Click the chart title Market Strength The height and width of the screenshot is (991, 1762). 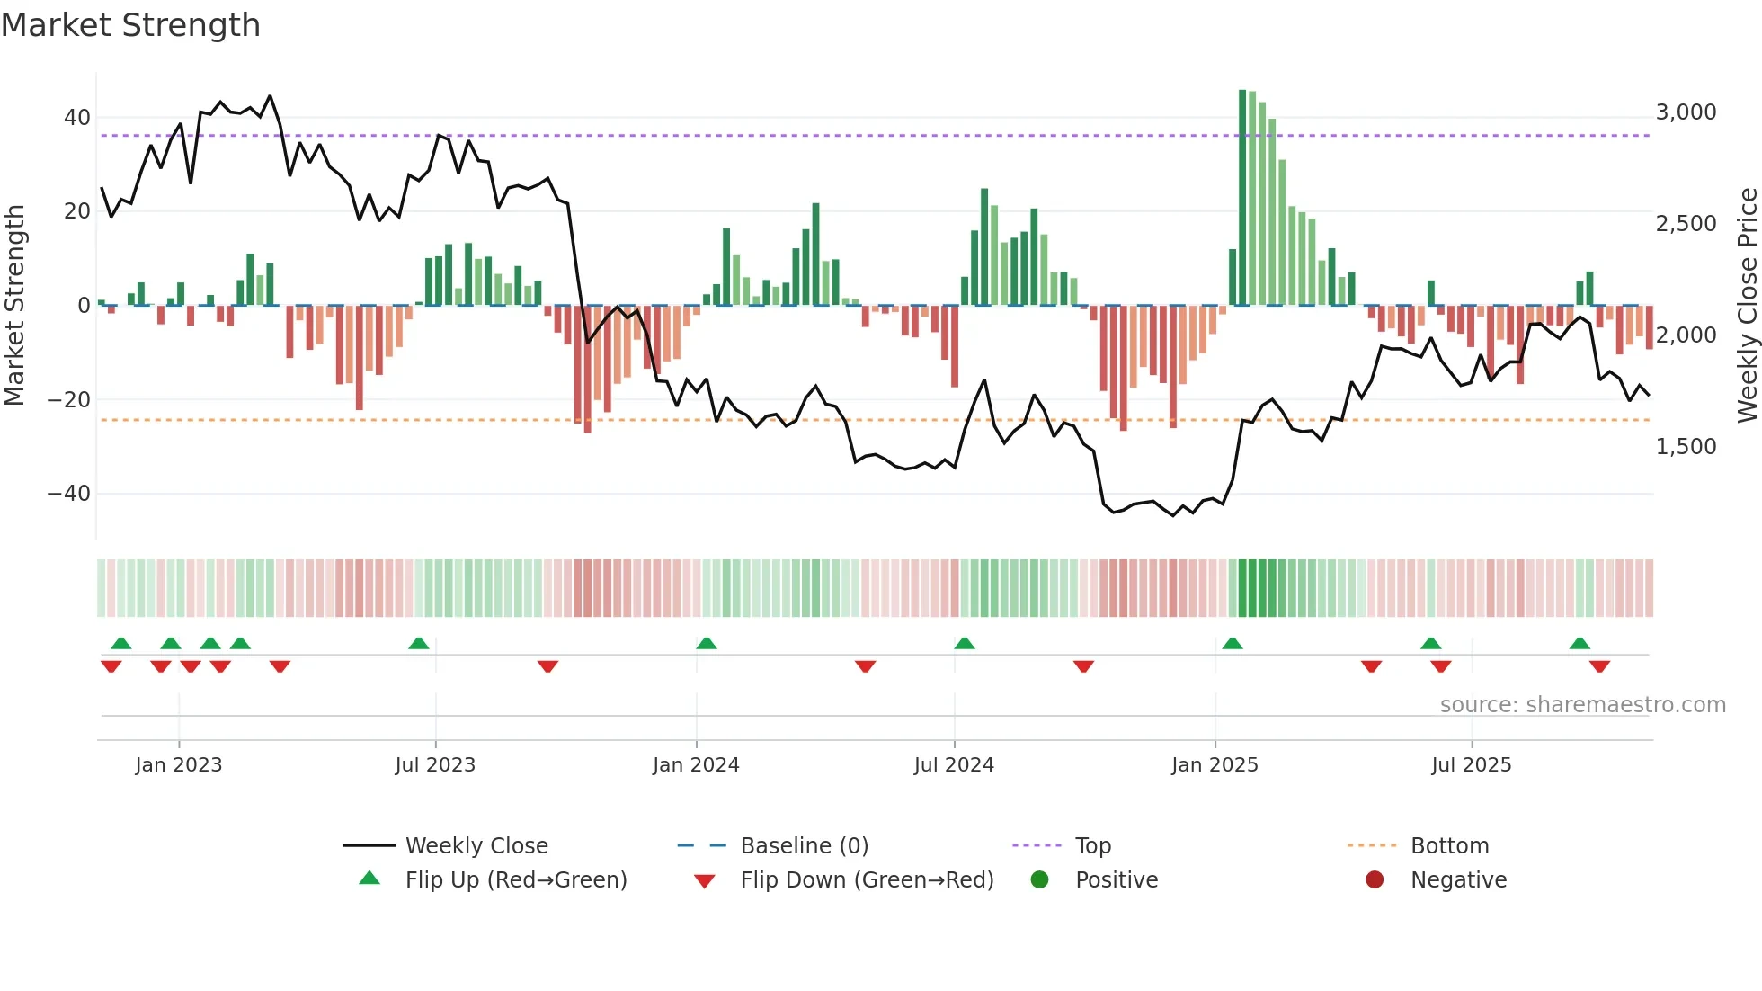(x=130, y=25)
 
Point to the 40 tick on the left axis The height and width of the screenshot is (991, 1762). (x=77, y=118)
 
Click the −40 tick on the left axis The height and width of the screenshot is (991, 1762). (x=69, y=494)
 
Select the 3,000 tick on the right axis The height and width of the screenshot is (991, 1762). (x=1686, y=112)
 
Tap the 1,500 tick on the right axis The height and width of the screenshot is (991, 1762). (x=1686, y=447)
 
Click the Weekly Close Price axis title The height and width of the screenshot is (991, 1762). (x=1747, y=305)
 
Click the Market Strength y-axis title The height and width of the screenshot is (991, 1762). (x=15, y=305)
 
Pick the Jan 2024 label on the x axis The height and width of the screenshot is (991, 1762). (x=696, y=765)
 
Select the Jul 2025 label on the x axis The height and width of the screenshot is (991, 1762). (x=1471, y=765)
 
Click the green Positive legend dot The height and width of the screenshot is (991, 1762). (x=1039, y=880)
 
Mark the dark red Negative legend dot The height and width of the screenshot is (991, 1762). (x=1375, y=880)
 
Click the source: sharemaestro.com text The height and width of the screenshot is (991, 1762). (x=1582, y=705)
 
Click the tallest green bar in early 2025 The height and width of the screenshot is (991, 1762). (x=1242, y=198)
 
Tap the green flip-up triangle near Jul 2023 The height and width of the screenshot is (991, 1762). (x=419, y=643)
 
